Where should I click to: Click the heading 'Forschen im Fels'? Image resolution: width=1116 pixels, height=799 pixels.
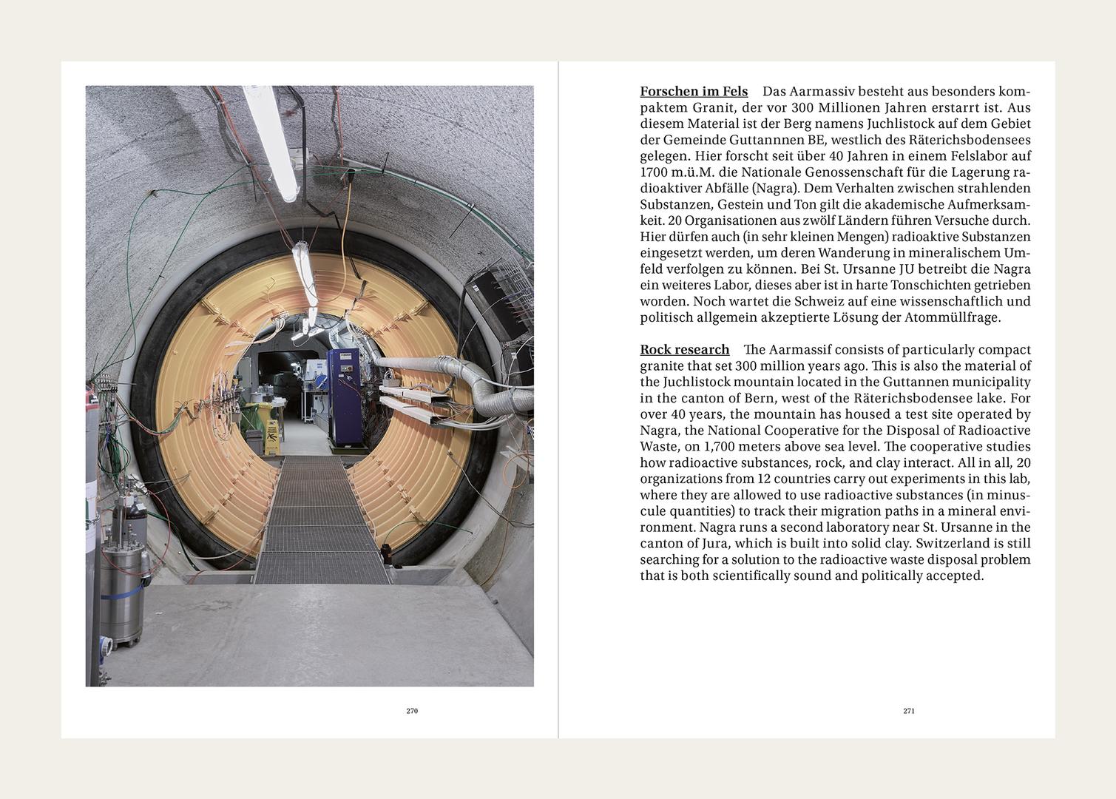pyautogui.click(x=694, y=92)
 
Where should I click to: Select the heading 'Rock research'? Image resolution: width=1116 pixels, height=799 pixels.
pyautogui.click(x=685, y=350)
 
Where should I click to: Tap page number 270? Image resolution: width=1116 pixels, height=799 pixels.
pyautogui.click(x=412, y=711)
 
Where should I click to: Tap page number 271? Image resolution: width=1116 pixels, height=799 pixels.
pyautogui.click(x=909, y=711)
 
